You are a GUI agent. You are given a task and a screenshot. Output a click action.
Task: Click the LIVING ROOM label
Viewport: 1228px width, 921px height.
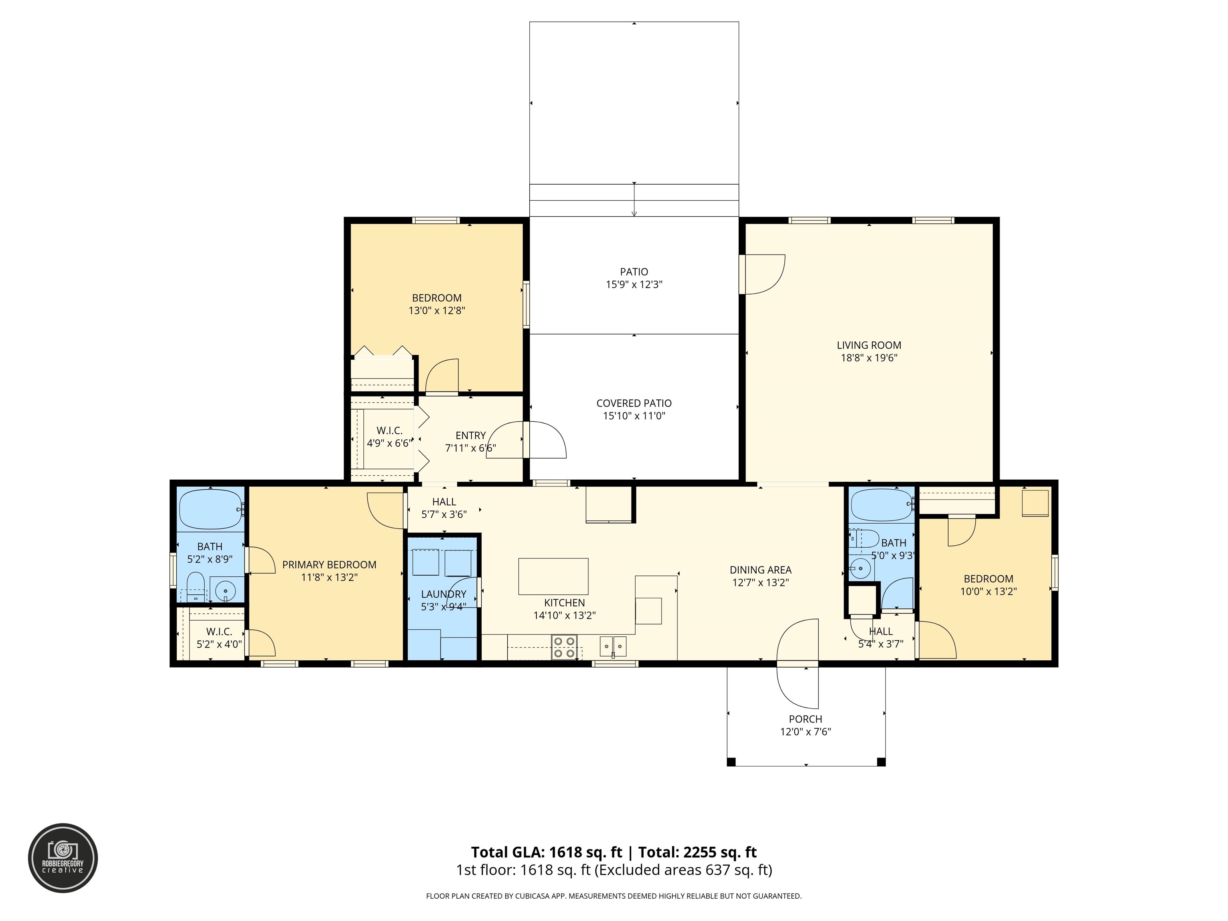(x=869, y=345)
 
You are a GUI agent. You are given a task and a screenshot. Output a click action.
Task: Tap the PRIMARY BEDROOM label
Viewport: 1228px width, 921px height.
(x=329, y=564)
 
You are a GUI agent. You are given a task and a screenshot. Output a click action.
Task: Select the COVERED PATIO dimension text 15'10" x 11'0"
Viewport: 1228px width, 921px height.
(x=634, y=416)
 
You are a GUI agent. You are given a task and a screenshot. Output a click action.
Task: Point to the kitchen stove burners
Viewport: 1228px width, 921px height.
(x=564, y=647)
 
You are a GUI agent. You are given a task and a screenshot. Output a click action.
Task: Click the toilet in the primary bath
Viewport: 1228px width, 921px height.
(x=195, y=587)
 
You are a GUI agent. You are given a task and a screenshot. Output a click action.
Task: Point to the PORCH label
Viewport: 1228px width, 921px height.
(x=805, y=719)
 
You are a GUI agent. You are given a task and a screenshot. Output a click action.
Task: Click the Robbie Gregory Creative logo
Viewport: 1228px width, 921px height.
(x=63, y=858)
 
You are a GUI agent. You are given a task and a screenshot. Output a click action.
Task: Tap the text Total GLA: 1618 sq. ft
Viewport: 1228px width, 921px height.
(x=546, y=852)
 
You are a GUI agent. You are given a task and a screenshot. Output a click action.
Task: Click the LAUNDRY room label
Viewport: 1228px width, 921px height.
(x=444, y=594)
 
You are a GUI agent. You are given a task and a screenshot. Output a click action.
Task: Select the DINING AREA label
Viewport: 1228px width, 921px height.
(x=761, y=570)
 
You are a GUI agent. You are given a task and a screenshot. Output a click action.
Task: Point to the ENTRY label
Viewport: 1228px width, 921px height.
(x=471, y=435)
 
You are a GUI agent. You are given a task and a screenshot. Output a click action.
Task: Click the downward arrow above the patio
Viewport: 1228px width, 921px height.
(x=634, y=199)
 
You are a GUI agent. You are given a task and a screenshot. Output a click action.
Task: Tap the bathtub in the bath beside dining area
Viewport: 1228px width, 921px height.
(x=881, y=505)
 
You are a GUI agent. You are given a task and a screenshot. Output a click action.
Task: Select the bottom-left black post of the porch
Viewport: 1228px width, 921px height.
(x=731, y=762)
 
